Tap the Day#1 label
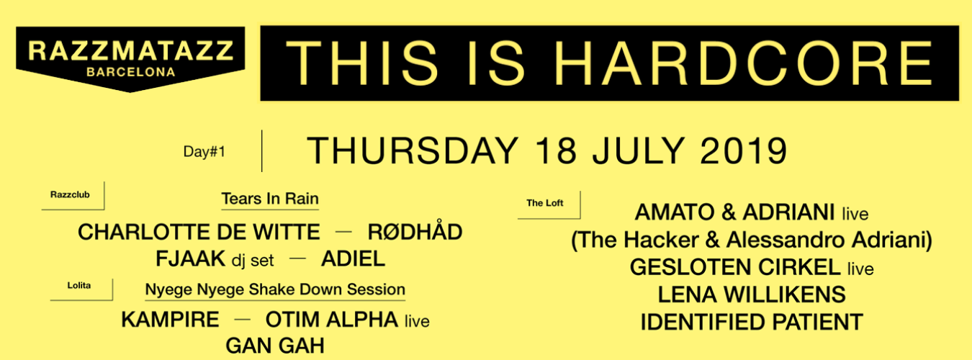(204, 152)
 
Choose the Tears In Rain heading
(270, 199)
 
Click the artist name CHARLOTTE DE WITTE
(199, 233)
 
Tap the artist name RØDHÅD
(415, 233)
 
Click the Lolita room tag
(80, 286)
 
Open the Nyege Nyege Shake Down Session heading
(275, 289)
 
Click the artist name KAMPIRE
(170, 320)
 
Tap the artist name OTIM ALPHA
(331, 320)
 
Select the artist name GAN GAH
(275, 345)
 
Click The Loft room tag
(545, 203)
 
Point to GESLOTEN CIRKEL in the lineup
(734, 268)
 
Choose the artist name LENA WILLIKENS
(752, 294)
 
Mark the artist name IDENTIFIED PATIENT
(752, 321)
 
